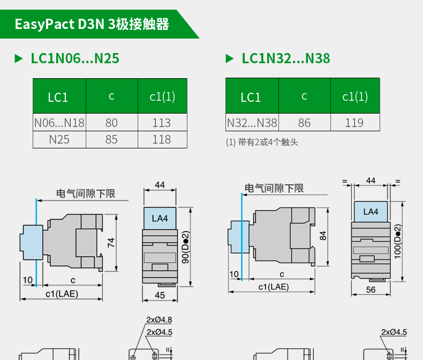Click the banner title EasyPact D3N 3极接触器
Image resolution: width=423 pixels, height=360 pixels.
92,25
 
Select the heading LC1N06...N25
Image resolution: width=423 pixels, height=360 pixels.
74,58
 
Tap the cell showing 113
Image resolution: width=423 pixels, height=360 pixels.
162,123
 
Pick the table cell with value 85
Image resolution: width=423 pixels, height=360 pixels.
111,139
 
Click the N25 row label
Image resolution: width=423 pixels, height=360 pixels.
59,139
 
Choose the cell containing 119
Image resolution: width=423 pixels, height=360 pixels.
354,123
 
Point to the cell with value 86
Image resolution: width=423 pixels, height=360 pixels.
304,123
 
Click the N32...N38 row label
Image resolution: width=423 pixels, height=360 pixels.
252,123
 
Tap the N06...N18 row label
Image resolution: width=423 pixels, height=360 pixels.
59,123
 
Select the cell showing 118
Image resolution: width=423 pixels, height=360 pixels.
162,139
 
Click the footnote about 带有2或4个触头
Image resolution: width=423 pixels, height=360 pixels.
262,142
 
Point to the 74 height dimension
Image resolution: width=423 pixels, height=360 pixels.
111,242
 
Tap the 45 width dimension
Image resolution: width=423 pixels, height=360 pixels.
160,295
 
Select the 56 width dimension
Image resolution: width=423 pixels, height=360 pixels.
371,289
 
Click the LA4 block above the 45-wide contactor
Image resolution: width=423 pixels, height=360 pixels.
160,218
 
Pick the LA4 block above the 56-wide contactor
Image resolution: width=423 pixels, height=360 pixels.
371,212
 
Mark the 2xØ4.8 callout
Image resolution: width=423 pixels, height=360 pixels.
159,320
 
